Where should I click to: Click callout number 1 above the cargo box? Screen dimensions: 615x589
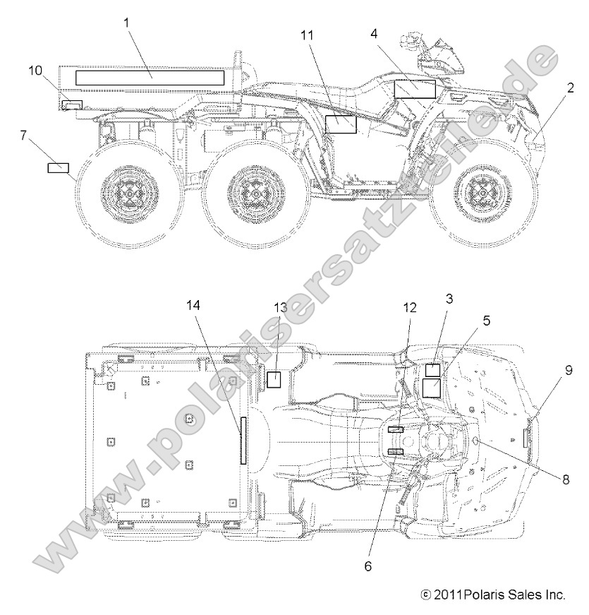click(127, 23)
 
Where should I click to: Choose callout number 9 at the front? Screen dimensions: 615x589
click(569, 369)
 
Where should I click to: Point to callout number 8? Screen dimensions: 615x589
click(566, 478)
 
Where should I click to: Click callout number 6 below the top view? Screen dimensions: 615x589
click(367, 565)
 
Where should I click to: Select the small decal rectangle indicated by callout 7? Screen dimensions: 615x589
click(58, 168)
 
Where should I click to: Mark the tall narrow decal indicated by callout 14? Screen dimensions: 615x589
click(244, 440)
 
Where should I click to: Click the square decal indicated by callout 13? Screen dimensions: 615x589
click(274, 379)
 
